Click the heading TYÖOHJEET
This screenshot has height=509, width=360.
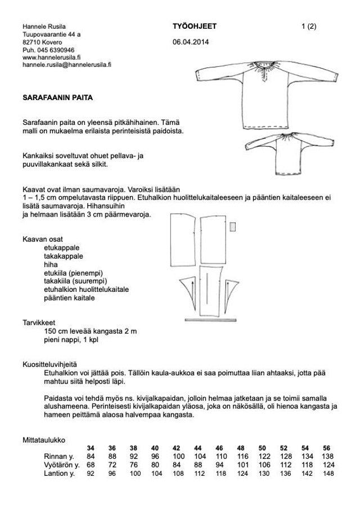click(x=195, y=26)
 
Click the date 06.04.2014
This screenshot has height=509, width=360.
click(x=191, y=43)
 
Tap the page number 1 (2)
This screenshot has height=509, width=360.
click(x=309, y=26)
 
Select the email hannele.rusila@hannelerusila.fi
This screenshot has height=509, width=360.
click(x=67, y=65)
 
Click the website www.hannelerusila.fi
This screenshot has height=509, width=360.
click(x=52, y=57)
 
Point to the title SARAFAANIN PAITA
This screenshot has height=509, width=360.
click(x=58, y=97)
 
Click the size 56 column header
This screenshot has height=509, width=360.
click(x=327, y=448)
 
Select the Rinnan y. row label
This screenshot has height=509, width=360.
click(x=60, y=456)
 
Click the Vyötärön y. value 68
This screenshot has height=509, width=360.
click(x=91, y=465)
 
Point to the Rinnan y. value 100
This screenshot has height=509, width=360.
click(x=179, y=456)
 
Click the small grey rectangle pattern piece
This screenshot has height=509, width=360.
click(x=232, y=226)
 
